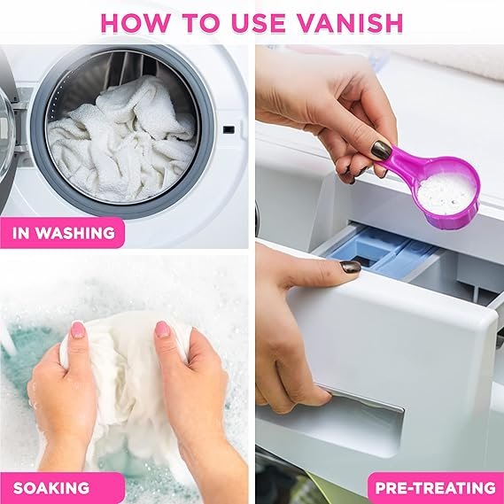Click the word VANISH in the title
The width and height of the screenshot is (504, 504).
tap(349, 23)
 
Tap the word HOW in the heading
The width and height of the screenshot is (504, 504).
tap(135, 23)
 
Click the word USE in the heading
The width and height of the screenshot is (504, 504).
tap(258, 23)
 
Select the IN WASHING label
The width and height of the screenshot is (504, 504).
tap(63, 233)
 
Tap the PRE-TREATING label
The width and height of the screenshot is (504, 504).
tap(436, 488)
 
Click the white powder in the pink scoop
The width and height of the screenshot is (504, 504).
tap(446, 194)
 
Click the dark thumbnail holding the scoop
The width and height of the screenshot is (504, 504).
tap(382, 150)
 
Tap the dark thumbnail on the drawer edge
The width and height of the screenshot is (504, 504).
tap(351, 268)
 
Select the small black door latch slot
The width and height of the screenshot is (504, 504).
tap(229, 130)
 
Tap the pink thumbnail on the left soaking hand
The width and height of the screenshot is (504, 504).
tap(77, 330)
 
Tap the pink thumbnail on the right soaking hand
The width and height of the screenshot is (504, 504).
tap(163, 330)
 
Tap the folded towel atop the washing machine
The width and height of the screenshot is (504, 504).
tap(450, 63)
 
